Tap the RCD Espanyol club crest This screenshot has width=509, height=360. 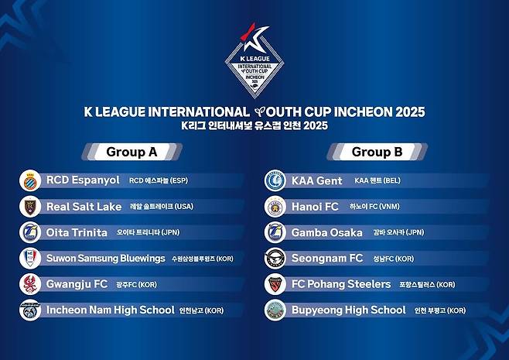[30, 180]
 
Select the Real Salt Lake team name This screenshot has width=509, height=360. [84, 207]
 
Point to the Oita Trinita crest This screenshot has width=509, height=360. [30, 232]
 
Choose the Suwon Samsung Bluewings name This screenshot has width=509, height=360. [106, 258]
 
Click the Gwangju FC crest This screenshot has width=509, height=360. [30, 284]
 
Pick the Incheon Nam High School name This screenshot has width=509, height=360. [110, 310]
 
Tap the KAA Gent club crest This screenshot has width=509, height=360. [276, 180]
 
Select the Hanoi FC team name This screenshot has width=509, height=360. [315, 207]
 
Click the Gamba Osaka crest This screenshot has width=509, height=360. [276, 232]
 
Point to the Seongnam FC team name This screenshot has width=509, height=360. [327, 258]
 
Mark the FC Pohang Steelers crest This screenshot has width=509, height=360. [276, 284]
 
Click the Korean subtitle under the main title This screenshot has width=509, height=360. [254, 125]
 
